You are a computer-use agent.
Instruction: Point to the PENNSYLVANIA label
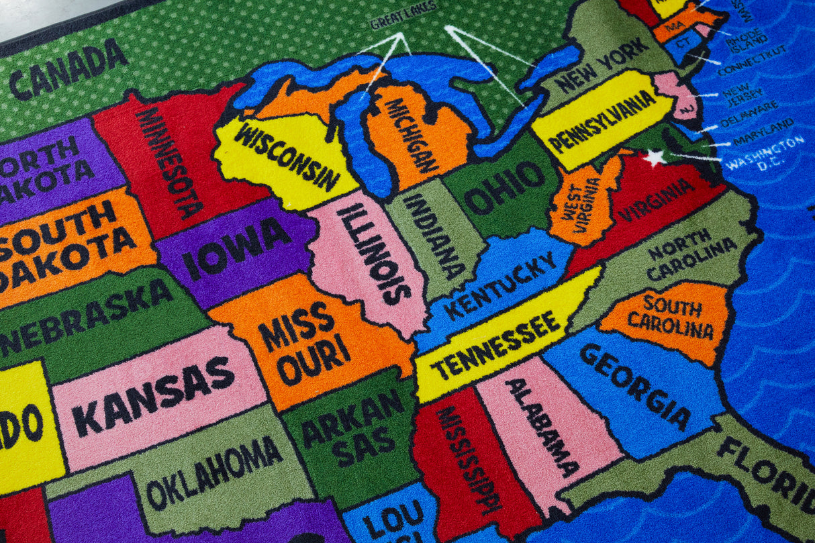(x=602, y=121)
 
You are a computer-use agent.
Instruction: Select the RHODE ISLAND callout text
(x=746, y=40)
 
